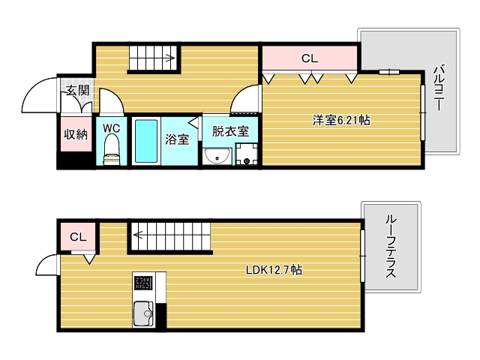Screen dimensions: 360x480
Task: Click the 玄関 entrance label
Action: click(x=78, y=91)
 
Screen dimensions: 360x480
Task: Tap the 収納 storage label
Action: click(x=75, y=134)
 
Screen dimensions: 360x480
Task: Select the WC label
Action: click(x=112, y=127)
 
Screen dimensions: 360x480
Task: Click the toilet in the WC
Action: click(x=112, y=148)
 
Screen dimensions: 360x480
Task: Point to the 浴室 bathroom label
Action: click(x=177, y=139)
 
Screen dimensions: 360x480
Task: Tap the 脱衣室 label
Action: click(x=229, y=131)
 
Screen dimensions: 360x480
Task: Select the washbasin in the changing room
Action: click(x=217, y=156)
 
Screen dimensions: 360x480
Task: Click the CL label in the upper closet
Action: click(x=309, y=58)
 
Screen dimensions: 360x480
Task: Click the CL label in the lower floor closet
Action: click(x=79, y=237)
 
